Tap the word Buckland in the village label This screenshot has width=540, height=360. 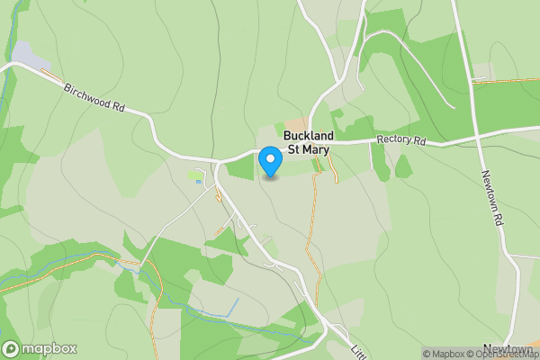[309, 137]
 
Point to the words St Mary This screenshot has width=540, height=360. [309, 150]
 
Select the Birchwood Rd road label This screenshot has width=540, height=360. [93, 99]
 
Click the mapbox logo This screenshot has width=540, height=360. [40, 348]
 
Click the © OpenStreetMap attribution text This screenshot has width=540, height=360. [501, 354]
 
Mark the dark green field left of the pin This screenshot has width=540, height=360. [239, 166]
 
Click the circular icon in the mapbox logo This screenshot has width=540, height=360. [12, 348]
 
